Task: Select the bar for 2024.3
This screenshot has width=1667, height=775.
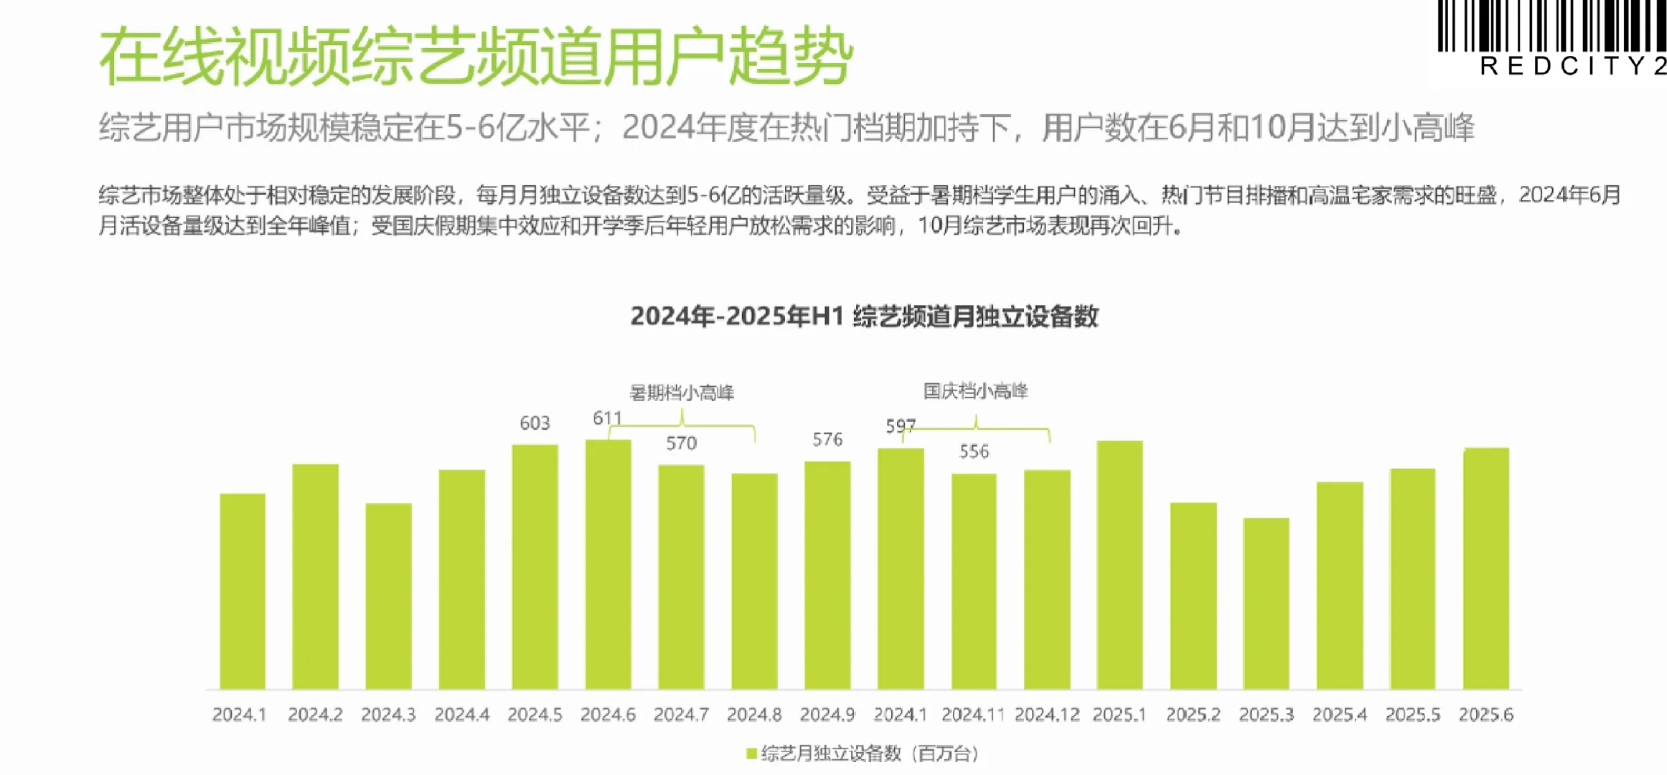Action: [x=388, y=596]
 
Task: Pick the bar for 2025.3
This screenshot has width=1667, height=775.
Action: [x=1266, y=603]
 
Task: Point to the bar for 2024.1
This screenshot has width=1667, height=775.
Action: [x=242, y=591]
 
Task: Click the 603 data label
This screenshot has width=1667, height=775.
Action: [x=535, y=423]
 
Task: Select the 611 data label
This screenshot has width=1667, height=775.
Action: [x=607, y=418]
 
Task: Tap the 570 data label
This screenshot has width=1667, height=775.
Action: [x=681, y=443]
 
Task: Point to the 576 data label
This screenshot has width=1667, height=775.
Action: [x=827, y=439]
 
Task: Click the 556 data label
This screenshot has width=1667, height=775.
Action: [x=974, y=451]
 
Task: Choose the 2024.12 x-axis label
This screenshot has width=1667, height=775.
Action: [x=1047, y=715]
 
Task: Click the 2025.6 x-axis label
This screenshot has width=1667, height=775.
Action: [x=1485, y=715]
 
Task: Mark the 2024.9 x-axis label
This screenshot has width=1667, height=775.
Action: [x=827, y=715]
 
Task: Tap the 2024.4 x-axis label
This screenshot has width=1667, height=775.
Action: [x=461, y=715]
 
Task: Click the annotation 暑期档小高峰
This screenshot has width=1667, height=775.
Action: [x=682, y=393]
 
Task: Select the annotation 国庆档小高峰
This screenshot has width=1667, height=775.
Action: [x=975, y=391]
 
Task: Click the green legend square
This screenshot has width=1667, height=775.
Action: [x=751, y=753]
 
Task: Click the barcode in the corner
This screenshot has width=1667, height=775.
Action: [x=1550, y=26]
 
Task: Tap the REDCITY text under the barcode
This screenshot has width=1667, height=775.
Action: [x=1572, y=66]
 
